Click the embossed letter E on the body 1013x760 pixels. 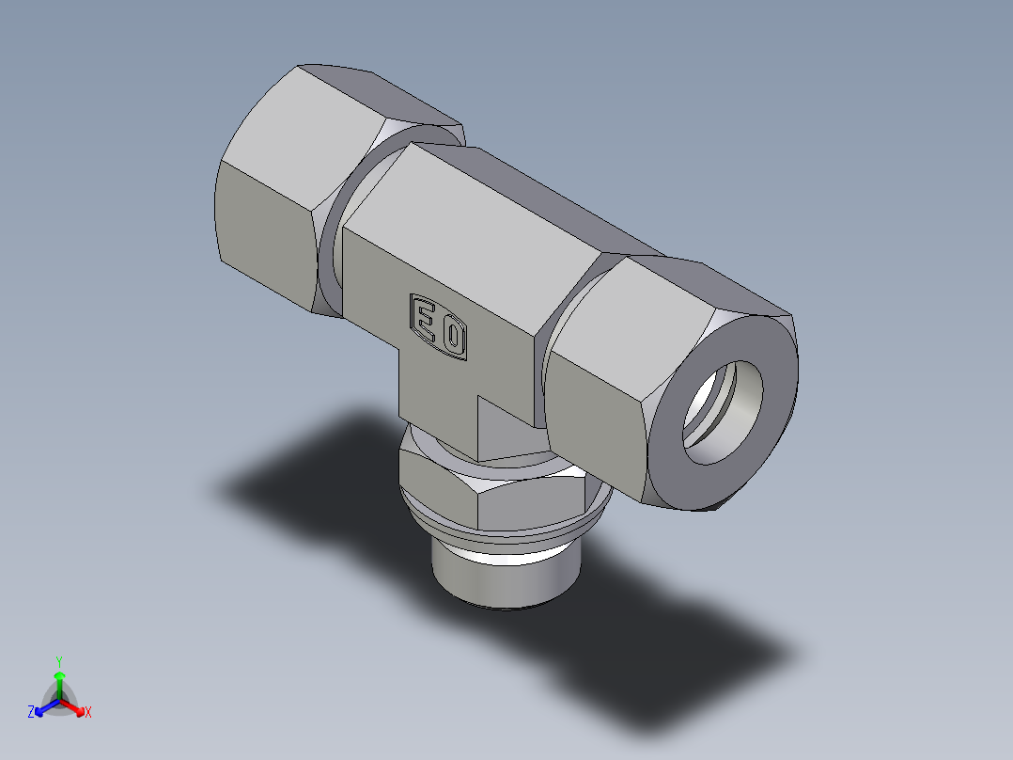pos(426,320)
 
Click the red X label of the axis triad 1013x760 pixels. pos(88,713)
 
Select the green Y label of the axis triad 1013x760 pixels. pos(58,661)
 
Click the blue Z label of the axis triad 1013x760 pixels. pos(31,713)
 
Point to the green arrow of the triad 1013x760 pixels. pos(59,682)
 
